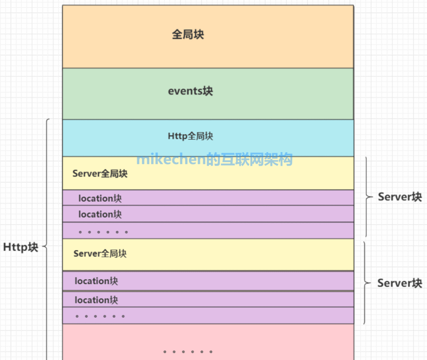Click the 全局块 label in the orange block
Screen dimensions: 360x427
click(188, 34)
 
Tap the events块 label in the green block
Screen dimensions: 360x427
click(191, 91)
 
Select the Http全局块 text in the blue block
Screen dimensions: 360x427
click(191, 136)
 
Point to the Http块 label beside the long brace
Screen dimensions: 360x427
click(21, 247)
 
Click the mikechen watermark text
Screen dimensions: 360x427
click(214, 159)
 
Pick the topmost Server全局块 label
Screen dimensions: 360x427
click(100, 173)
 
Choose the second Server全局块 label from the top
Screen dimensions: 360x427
click(100, 253)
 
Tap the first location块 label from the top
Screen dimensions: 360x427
click(100, 198)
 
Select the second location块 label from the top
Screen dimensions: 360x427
click(100, 214)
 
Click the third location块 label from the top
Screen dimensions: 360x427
click(96, 281)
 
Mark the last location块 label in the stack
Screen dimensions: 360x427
click(96, 300)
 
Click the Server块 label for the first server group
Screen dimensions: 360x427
click(400, 197)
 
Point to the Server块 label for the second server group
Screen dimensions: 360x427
click(400, 283)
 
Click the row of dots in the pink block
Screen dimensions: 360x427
click(188, 351)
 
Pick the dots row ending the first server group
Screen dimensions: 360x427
click(103, 232)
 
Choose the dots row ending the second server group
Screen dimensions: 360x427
click(100, 316)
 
